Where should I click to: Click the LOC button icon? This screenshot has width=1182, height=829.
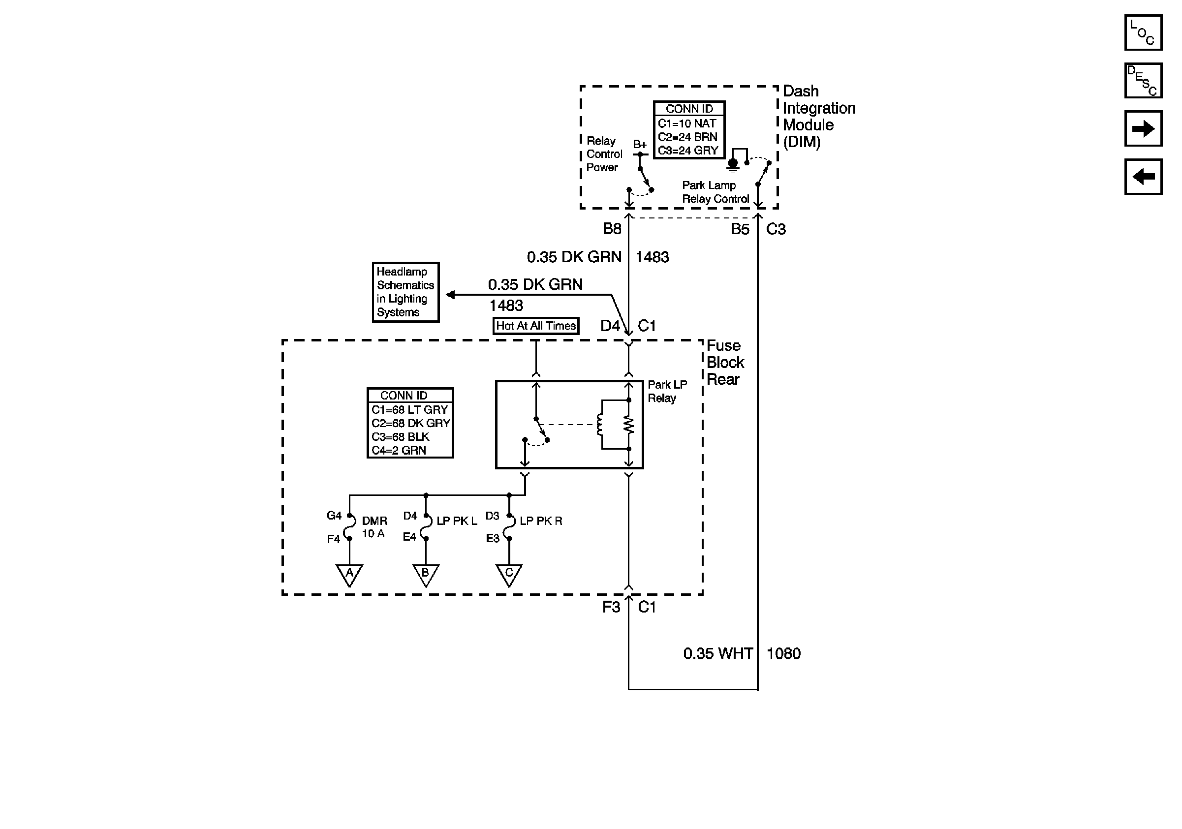point(1143,32)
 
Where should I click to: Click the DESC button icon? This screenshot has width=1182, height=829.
point(1143,80)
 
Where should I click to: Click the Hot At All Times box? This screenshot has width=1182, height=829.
point(535,326)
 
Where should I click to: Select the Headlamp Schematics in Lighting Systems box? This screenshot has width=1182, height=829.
point(405,292)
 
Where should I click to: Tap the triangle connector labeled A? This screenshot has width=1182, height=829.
point(349,574)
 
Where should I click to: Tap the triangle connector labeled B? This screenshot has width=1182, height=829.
point(426,574)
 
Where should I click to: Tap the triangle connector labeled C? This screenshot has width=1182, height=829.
point(509,574)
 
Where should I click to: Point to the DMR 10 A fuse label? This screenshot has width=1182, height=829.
point(374,527)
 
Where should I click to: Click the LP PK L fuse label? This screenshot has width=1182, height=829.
point(457,521)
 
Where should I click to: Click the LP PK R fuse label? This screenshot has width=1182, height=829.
point(540,521)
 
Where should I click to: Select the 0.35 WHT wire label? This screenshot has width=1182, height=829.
point(717,653)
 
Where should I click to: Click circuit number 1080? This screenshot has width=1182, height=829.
point(783,653)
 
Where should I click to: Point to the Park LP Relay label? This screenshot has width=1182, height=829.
point(667,391)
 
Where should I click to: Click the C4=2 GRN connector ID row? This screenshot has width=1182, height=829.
point(399,450)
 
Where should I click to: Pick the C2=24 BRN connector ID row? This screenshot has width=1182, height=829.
point(687,137)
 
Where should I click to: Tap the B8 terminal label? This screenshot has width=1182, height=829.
point(612,229)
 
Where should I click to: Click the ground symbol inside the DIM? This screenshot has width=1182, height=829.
point(733,165)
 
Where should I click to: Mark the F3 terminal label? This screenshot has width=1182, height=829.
point(611,607)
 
